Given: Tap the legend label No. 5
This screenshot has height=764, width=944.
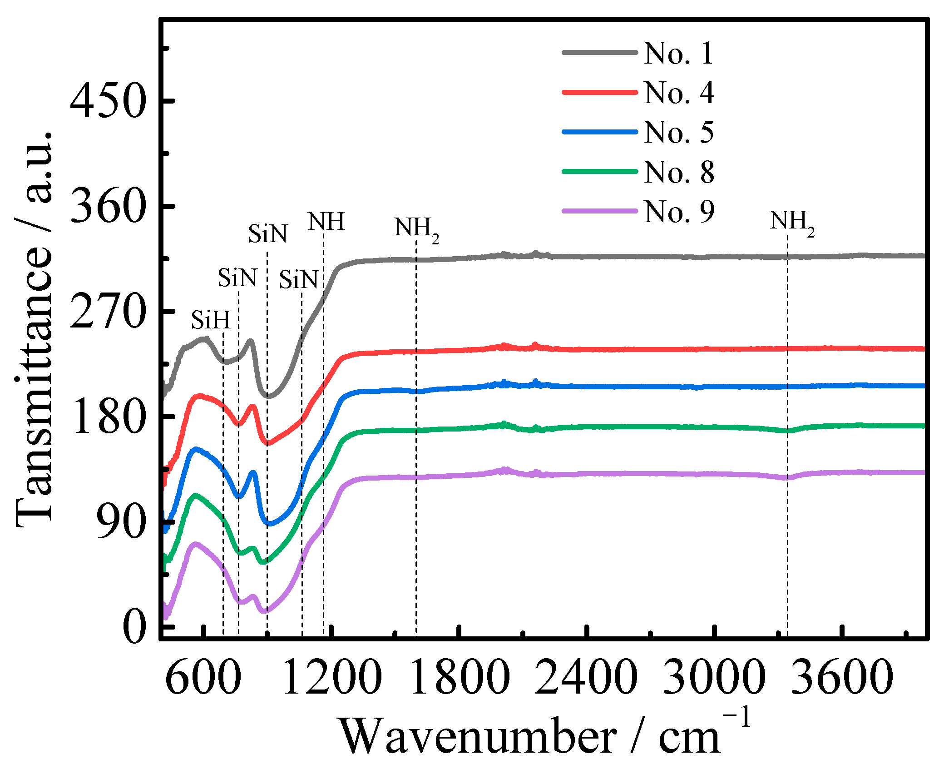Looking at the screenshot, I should [678, 132].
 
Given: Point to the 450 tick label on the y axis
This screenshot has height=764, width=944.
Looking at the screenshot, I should [108, 101].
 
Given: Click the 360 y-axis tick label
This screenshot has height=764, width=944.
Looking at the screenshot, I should [108, 206].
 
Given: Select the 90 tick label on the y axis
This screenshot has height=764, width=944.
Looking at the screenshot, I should [122, 522].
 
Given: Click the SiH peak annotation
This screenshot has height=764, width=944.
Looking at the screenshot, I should [211, 320].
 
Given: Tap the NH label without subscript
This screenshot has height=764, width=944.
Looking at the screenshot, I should [326, 222].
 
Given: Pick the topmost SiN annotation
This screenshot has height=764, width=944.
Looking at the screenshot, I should [267, 234].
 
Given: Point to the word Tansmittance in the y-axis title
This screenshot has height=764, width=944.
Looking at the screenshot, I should [34, 386].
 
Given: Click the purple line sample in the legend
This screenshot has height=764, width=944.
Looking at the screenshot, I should [599, 211].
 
